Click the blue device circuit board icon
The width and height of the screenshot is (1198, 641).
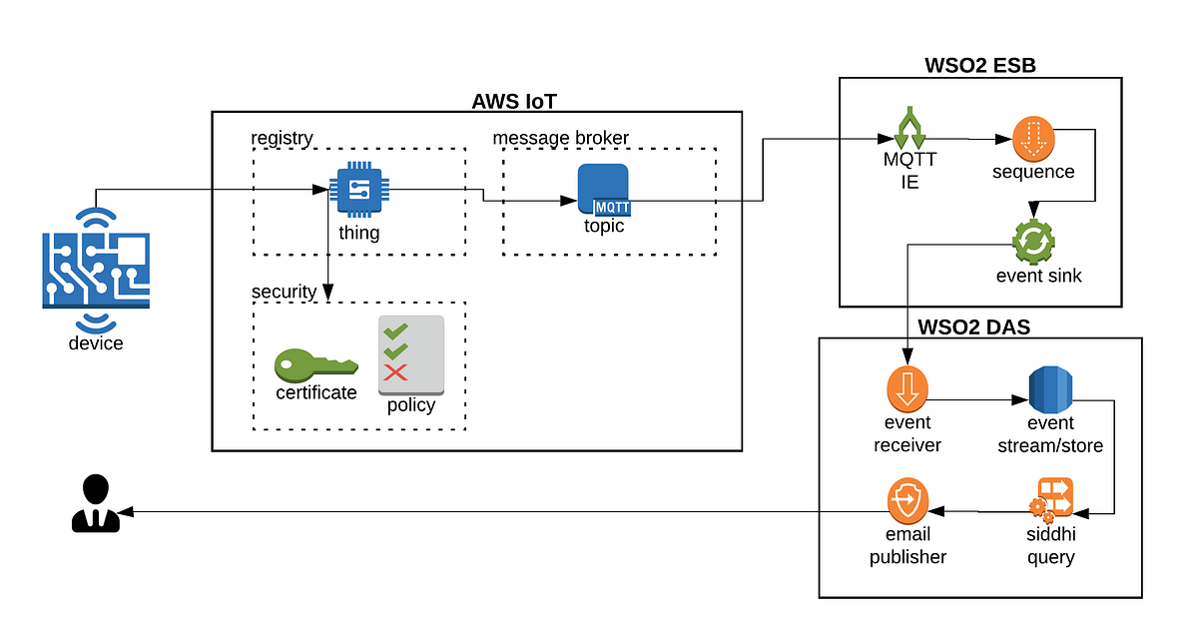[96, 269]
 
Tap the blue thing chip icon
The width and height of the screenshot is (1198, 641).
[358, 190]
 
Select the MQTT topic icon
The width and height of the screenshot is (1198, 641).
[603, 189]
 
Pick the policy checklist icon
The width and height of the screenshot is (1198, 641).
[410, 354]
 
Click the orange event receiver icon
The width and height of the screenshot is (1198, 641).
[907, 390]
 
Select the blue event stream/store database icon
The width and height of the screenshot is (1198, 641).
[1049, 390]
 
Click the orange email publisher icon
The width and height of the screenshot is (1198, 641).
[907, 501]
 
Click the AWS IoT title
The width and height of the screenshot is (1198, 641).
[513, 101]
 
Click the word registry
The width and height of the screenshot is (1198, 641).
[282, 138]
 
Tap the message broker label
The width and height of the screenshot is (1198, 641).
[561, 138]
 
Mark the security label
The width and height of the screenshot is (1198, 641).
[284, 292]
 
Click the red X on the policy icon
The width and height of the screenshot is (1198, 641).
[396, 373]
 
